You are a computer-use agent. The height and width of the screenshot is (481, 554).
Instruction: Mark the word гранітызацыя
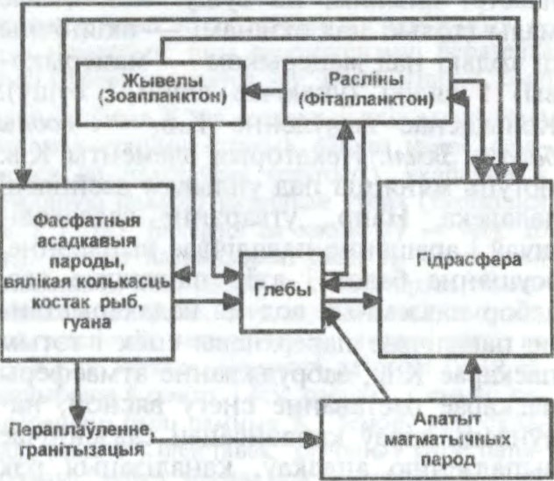coord(77,450)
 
